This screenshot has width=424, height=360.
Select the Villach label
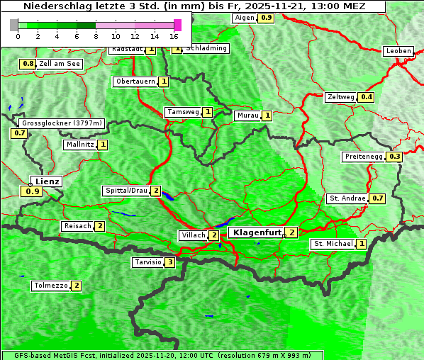tap(194, 235)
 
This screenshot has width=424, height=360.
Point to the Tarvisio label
tap(147, 262)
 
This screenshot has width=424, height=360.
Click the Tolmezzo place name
tap(50, 286)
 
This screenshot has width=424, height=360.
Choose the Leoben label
tap(398, 51)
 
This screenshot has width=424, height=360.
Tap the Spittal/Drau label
tap(126, 191)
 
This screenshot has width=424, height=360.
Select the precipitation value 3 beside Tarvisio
tap(169, 262)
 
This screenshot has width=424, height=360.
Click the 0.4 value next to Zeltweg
tap(366, 97)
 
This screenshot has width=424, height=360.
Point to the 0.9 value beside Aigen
tap(266, 17)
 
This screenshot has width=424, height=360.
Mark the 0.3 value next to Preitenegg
tap(394, 157)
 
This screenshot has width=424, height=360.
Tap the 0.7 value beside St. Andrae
tap(377, 198)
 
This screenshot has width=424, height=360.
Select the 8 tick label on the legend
tap(96, 36)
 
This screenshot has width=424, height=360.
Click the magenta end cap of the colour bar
tap(177, 25)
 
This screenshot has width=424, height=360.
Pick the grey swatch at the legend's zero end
tap(14, 25)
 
